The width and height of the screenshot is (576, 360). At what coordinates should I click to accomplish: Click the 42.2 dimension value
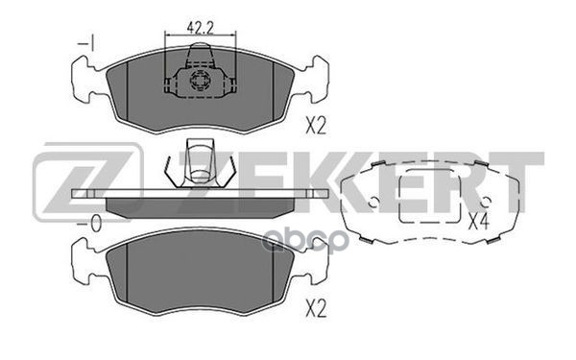(201, 28)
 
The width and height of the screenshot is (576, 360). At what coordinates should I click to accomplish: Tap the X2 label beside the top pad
(316, 125)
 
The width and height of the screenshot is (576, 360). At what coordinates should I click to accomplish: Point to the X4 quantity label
(479, 222)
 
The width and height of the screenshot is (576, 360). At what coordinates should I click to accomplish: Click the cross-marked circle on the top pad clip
(199, 81)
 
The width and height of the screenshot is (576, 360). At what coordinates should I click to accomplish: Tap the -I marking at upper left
(86, 44)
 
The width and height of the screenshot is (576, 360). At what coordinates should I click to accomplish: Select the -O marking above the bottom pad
(89, 224)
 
